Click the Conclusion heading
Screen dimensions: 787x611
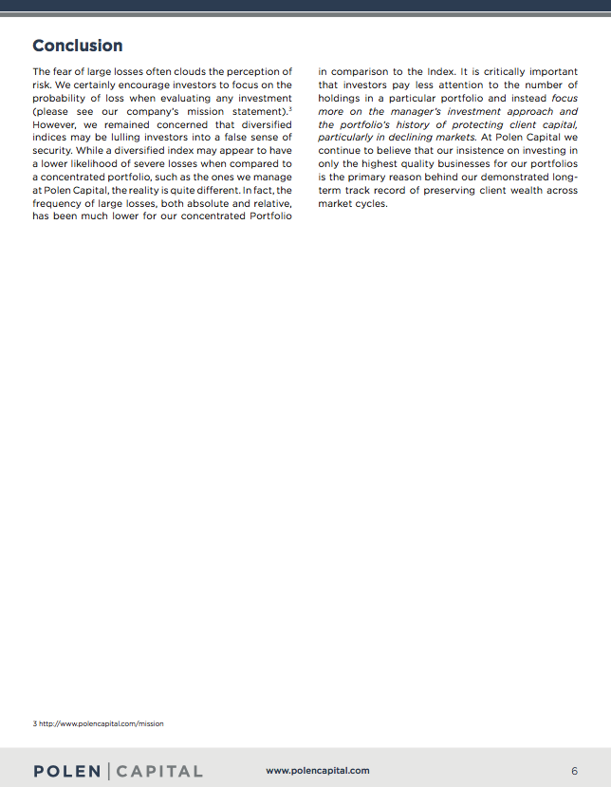point(78,46)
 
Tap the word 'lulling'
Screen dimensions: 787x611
point(136,139)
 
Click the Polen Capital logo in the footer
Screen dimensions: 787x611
point(118,771)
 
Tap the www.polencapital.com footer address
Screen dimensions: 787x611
point(318,771)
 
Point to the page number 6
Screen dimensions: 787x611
point(574,771)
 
